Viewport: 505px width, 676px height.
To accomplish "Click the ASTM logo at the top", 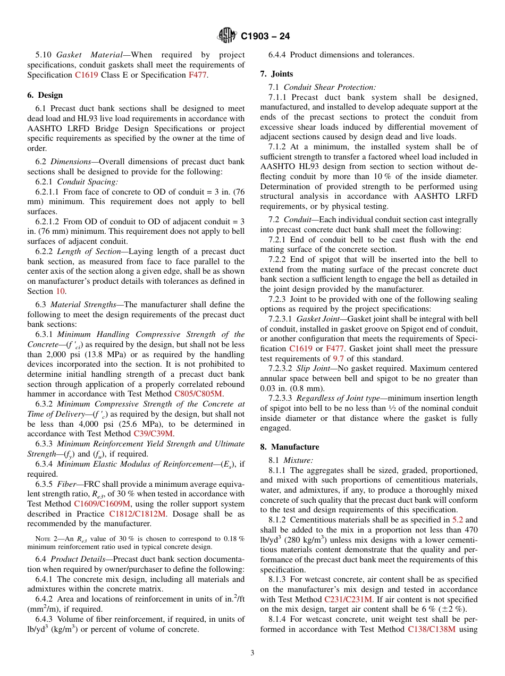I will point(227,36).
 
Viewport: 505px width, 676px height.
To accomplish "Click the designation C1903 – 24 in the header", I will point(265,37).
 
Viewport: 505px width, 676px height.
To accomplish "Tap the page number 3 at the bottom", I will point(252,653).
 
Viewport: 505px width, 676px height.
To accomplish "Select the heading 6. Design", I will point(45,95).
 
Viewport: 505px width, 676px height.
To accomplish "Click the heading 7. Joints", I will point(276,74).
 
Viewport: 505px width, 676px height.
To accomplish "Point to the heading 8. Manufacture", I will point(290,447).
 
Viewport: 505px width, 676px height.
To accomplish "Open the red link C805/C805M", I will point(198,394).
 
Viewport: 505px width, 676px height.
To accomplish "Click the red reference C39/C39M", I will point(153,433).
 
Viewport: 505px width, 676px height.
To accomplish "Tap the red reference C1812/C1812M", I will point(137,513).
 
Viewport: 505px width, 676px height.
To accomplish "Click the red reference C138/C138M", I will point(431,629).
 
